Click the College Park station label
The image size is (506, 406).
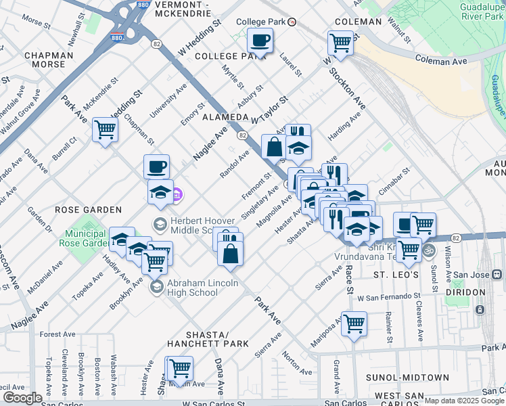pos(261,22)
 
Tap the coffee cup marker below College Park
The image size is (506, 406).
pos(260,41)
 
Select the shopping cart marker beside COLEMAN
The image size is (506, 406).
pos(341,43)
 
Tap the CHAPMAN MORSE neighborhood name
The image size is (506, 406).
pos(48,62)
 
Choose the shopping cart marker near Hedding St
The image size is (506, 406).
pos(105,129)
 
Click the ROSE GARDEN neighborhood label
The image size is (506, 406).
pos(88,210)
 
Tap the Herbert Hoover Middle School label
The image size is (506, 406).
pos(203,225)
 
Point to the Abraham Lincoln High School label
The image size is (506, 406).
pos(202,288)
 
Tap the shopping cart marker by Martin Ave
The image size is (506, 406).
pos(179,369)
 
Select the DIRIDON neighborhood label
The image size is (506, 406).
pos(465,292)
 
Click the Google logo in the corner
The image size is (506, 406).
pos(22,398)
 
